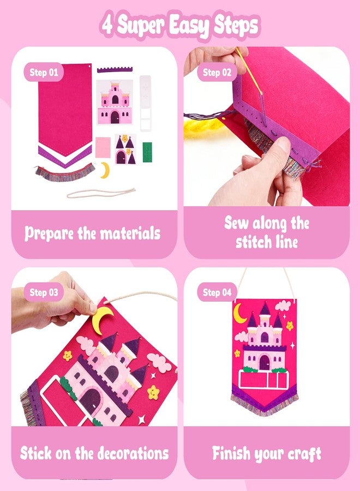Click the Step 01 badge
44,73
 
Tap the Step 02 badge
217,73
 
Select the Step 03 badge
44,292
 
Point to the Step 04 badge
217,292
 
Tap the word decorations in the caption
133,453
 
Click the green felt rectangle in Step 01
147,152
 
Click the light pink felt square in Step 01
103,147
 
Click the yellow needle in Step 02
249,71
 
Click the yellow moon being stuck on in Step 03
102,318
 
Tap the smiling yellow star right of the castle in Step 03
153,392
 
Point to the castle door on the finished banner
265,362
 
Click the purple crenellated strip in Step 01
115,69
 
